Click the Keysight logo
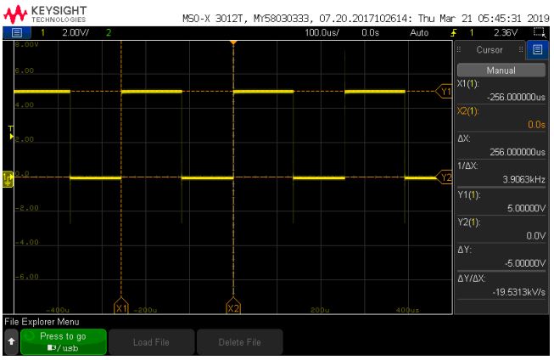(44, 14)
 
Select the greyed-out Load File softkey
(150, 341)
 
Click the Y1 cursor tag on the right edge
(444, 90)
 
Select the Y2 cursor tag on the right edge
(444, 177)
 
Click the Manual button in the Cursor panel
(501, 70)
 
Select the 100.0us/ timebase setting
(322, 32)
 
